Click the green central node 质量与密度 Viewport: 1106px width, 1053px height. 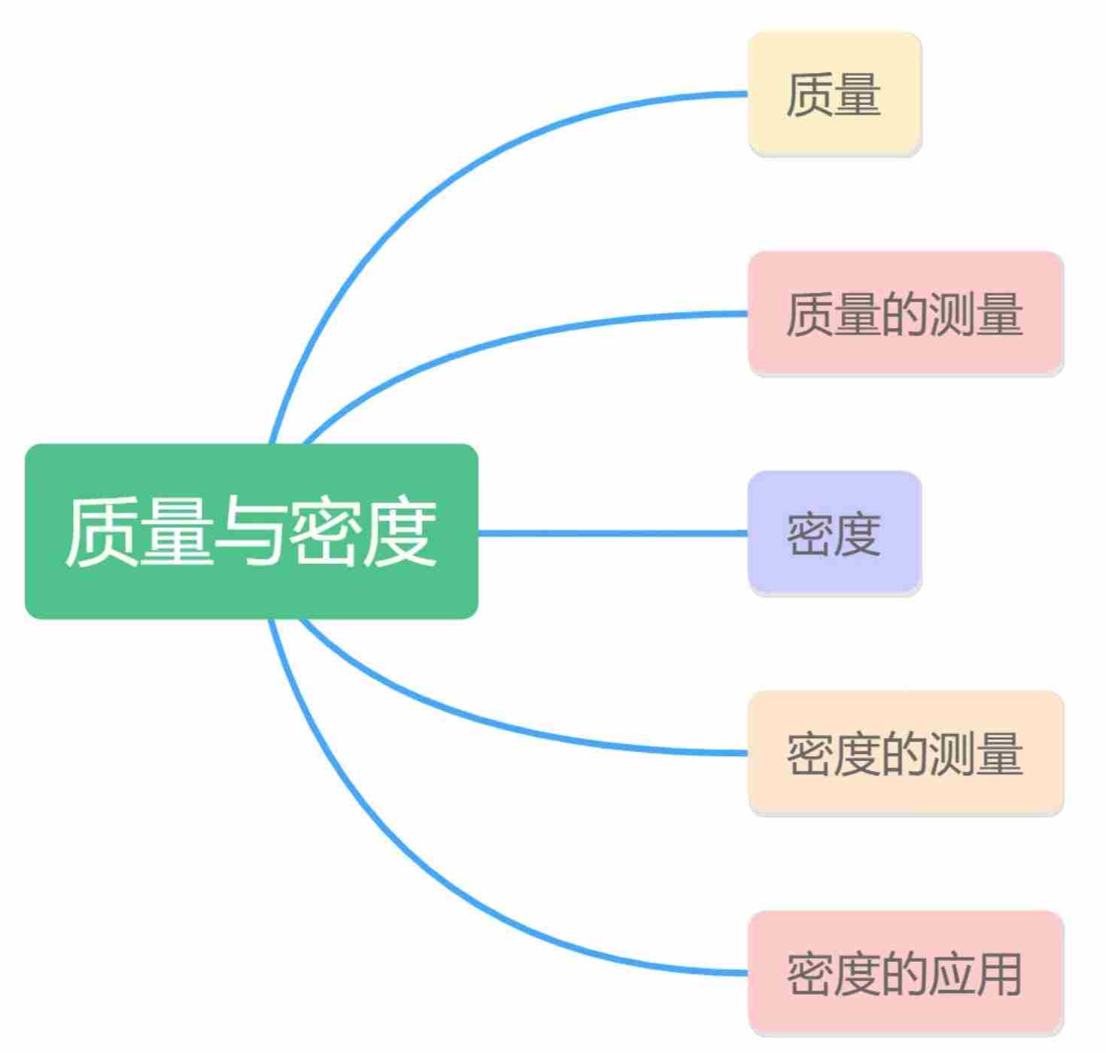[x=251, y=531]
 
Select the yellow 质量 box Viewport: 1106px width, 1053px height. [x=834, y=94]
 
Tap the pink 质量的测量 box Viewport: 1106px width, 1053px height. [x=904, y=313]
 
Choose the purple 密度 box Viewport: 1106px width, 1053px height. [x=834, y=533]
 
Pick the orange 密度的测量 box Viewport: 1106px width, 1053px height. [x=904, y=753]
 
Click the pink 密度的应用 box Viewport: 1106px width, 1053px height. [x=904, y=973]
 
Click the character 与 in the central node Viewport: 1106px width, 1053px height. [x=250, y=531]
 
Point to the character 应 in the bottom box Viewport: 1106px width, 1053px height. [x=951, y=973]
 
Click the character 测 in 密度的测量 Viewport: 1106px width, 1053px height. [x=951, y=754]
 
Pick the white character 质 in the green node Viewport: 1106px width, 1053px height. [x=100, y=531]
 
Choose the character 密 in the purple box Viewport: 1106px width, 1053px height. [x=810, y=534]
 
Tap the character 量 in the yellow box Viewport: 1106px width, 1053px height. [x=858, y=95]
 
